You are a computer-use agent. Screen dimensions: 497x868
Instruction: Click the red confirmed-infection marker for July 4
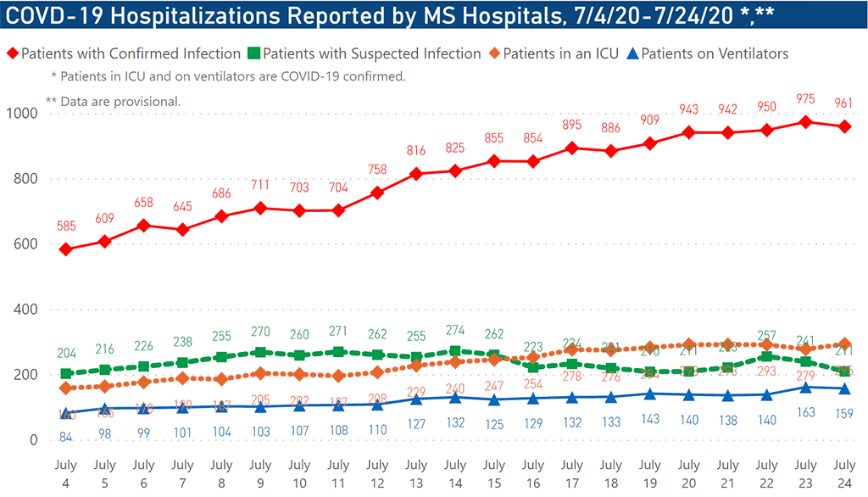tap(65, 249)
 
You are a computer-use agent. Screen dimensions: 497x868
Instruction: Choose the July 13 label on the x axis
tap(416, 472)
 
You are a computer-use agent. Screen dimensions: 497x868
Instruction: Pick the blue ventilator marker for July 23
tap(805, 388)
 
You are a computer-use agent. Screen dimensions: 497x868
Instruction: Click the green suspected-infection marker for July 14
tap(455, 351)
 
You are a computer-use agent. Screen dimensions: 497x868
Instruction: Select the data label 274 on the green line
tap(455, 331)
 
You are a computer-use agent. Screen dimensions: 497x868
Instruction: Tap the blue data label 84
tap(65, 437)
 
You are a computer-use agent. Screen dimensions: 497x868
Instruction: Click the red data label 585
tap(65, 227)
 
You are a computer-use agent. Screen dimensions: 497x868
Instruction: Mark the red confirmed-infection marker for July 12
tap(377, 193)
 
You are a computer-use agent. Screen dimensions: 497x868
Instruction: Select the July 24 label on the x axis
tap(844, 472)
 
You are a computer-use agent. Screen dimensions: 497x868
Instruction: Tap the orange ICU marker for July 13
tap(416, 366)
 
